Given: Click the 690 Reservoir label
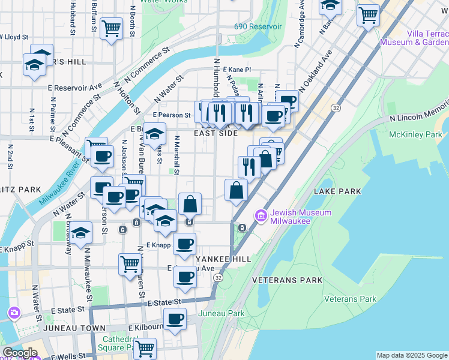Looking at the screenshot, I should pos(258,27).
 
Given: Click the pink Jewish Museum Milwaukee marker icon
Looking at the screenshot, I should pos(261,215).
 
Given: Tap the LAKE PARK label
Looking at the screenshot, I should pos(337,191).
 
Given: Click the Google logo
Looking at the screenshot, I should pos(20,353).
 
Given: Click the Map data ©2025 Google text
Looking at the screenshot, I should pos(411,355).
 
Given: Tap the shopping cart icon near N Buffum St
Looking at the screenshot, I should pos(111,28).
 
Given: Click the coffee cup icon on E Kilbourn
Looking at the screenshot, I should pos(175,319).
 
